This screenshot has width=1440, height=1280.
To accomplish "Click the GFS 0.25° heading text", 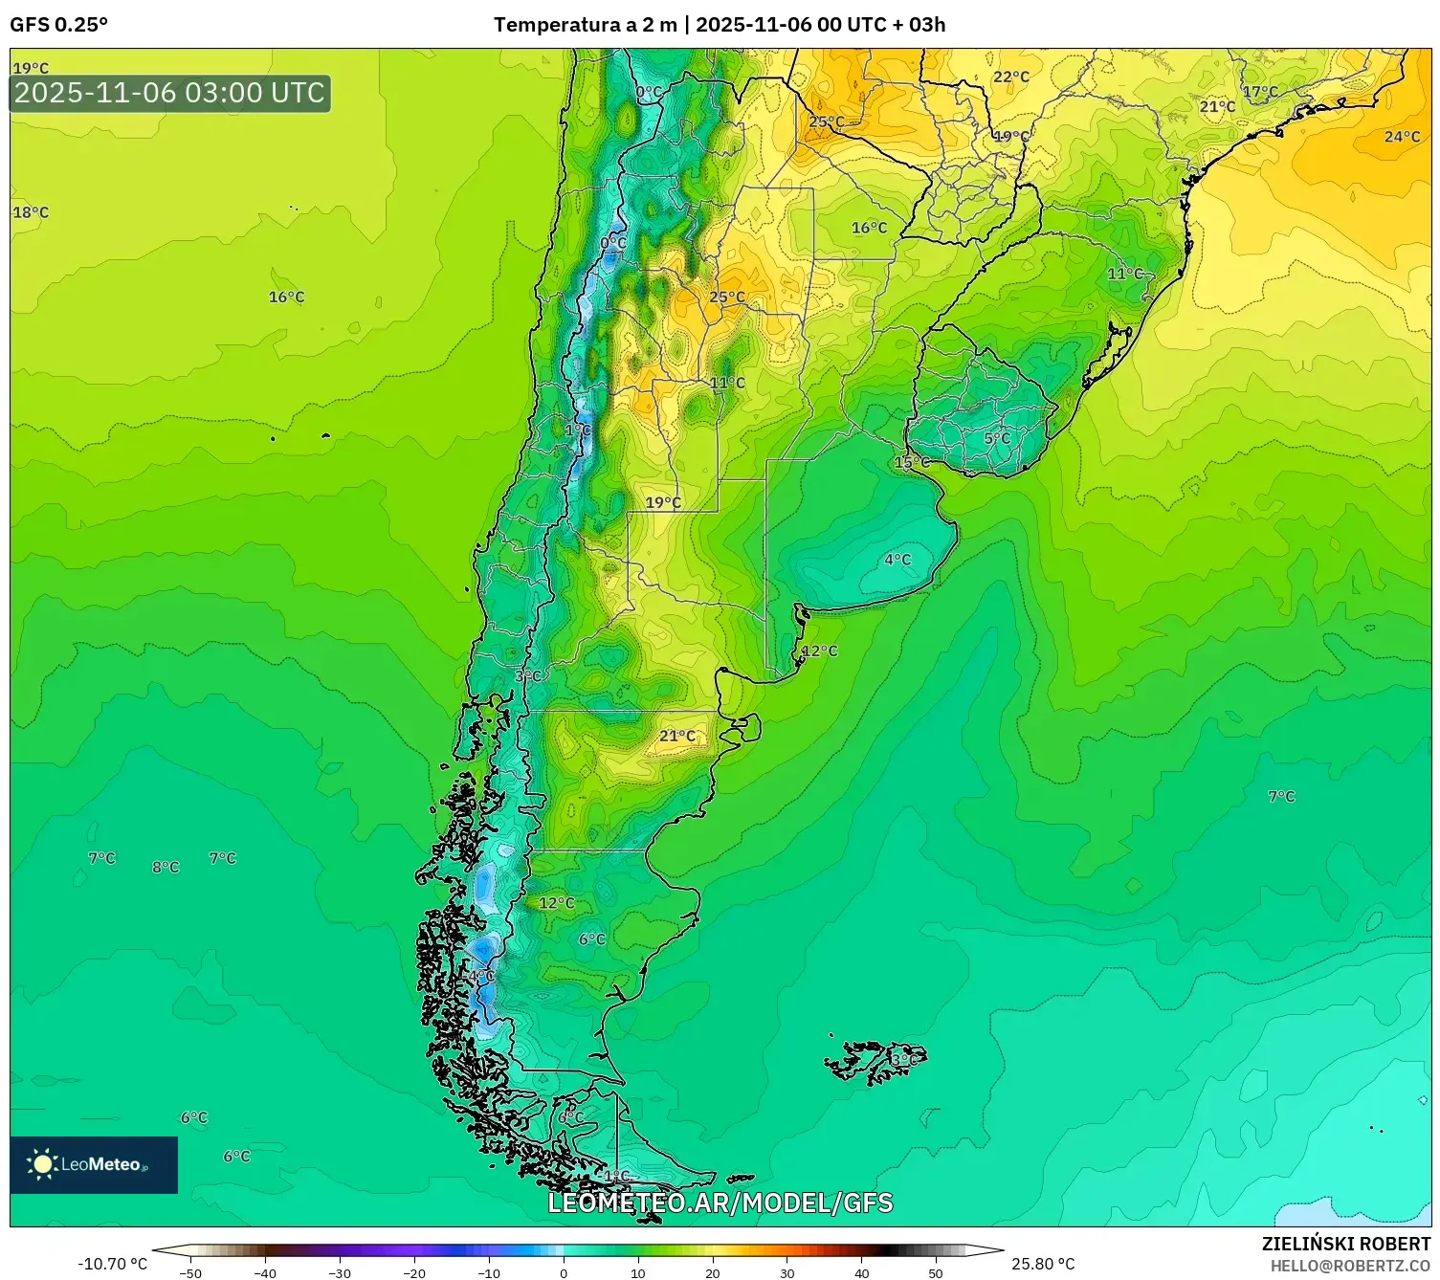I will (x=58, y=25).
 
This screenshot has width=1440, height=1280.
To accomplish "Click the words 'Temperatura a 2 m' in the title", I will (x=585, y=25).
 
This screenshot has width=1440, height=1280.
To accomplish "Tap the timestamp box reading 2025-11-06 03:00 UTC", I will (x=170, y=93).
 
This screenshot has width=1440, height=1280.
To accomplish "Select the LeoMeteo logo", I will (x=94, y=1164).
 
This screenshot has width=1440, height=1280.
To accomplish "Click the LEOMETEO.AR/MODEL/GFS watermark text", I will (x=720, y=1203).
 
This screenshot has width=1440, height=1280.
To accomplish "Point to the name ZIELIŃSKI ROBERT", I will (x=1345, y=1244).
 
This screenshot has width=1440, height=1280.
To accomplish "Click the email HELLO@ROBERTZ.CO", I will (x=1349, y=1266).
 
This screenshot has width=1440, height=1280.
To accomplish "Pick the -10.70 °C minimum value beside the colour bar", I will (x=112, y=1264).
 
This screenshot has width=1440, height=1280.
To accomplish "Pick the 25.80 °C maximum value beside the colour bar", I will (x=1043, y=1264).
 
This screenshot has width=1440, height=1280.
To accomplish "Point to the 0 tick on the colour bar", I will (x=563, y=1272).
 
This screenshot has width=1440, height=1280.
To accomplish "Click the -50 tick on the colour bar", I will (x=190, y=1272).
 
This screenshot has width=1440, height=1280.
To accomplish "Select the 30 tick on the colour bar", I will (x=786, y=1272).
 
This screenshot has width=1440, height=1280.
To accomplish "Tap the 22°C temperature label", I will (x=1011, y=77).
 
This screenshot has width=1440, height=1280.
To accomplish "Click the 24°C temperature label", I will (x=1402, y=137).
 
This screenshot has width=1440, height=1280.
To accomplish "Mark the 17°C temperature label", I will (x=1260, y=92).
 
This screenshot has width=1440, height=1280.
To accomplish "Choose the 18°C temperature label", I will (x=31, y=212).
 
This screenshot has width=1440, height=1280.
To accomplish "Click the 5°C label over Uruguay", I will (x=997, y=438).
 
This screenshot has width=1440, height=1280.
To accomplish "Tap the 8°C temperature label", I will (x=166, y=867).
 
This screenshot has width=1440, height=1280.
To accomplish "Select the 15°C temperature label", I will (x=911, y=462).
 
